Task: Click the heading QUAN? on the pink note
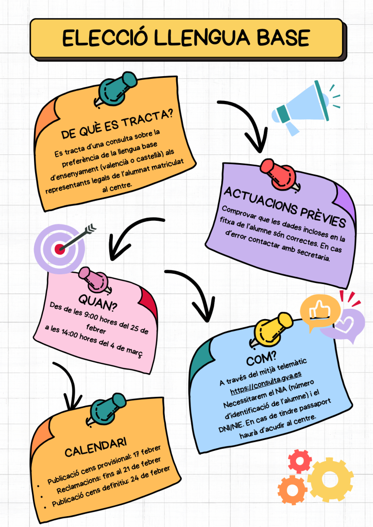tap(98, 300)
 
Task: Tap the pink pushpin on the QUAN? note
tap(92, 278)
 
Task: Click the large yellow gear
tap(330, 480)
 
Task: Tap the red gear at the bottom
tap(300, 461)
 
